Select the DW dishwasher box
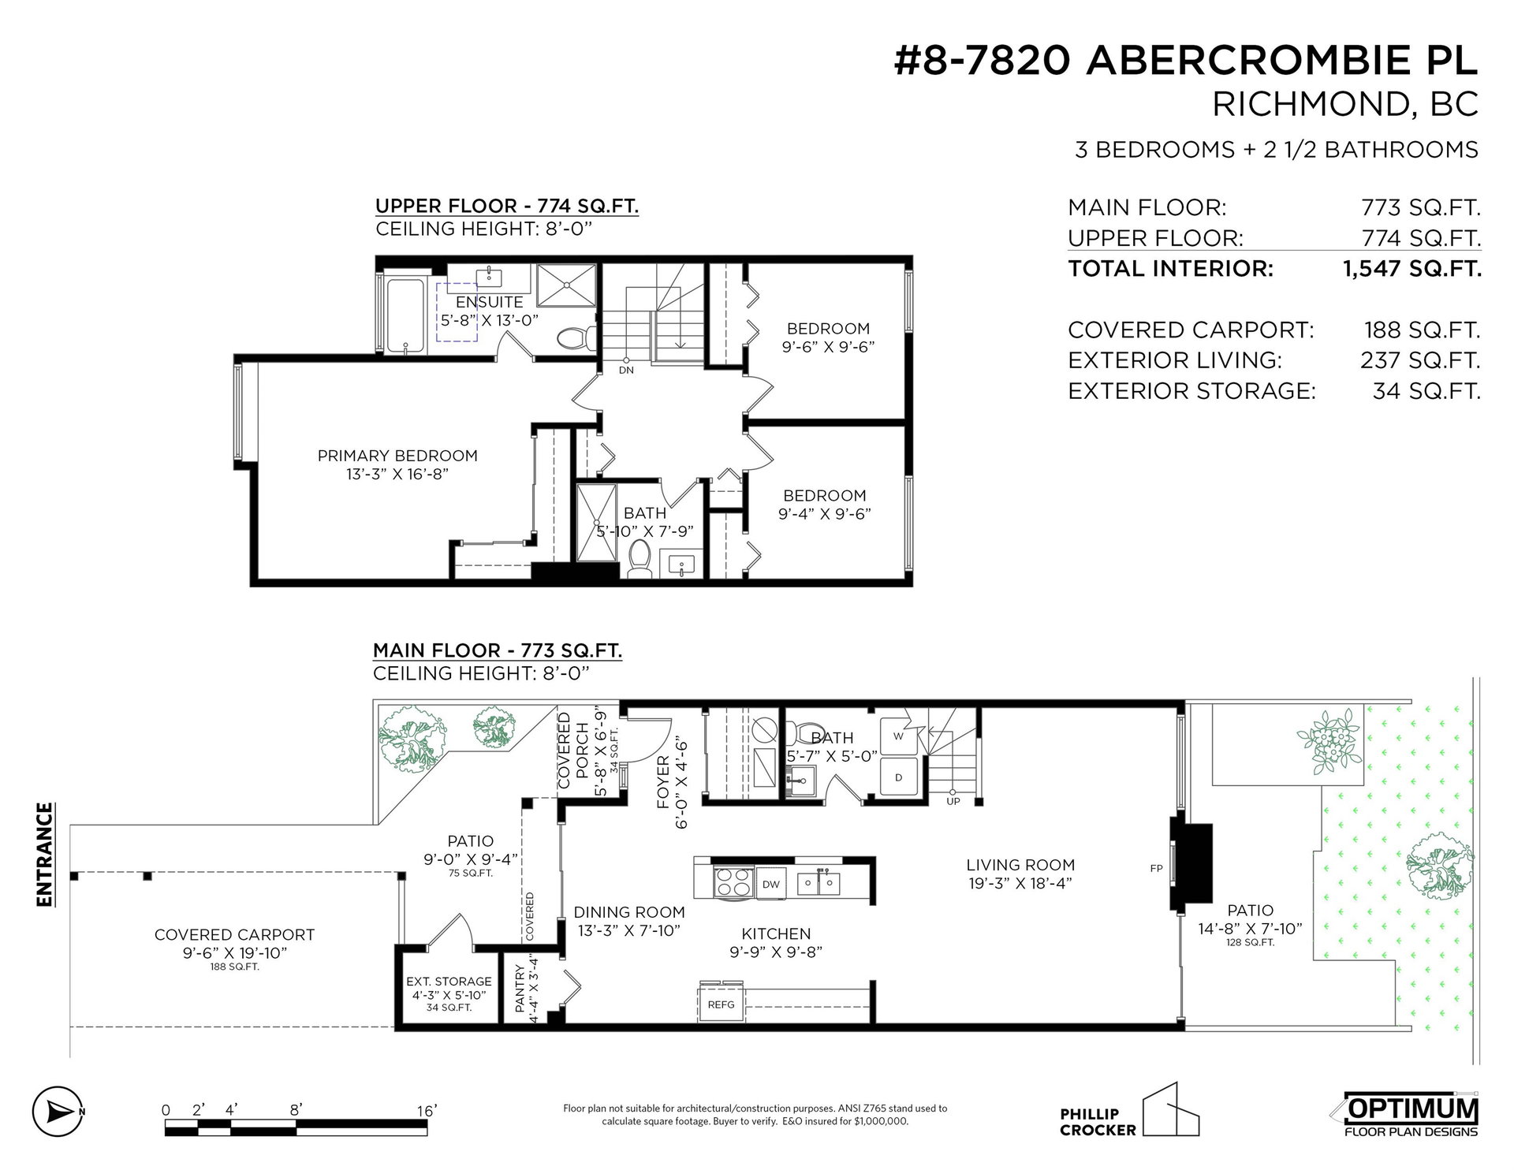[x=771, y=884]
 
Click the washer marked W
[x=897, y=736]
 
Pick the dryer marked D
[x=898, y=777]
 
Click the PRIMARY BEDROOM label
[x=397, y=456]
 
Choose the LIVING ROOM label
[x=1021, y=865]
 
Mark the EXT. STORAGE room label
[x=449, y=982]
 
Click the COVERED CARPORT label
[x=234, y=935]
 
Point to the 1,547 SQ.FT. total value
[x=1411, y=269]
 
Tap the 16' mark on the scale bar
[x=427, y=1111]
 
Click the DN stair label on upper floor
[x=626, y=370]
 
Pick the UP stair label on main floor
[x=953, y=802]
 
